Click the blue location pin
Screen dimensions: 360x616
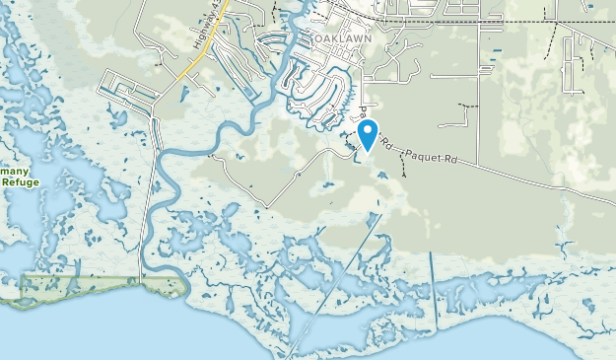point(367,133)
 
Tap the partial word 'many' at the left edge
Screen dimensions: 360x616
point(14,170)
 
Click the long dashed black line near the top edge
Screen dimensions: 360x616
point(493,20)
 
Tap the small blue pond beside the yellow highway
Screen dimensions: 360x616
point(184,94)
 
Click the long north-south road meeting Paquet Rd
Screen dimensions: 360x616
point(477,99)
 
